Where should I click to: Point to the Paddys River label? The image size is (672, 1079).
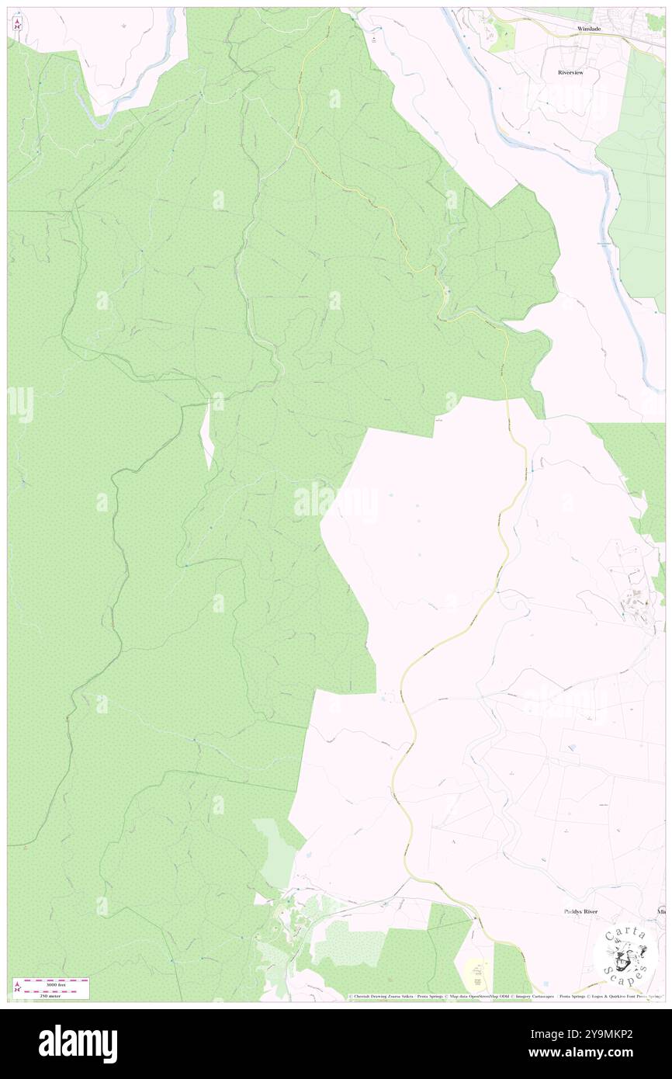(585, 911)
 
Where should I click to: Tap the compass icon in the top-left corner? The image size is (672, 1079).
(17, 24)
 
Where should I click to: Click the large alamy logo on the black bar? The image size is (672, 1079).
(78, 1044)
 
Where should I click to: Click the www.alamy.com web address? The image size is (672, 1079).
(591, 1053)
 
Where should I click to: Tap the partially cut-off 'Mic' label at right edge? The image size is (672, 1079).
(661, 911)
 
